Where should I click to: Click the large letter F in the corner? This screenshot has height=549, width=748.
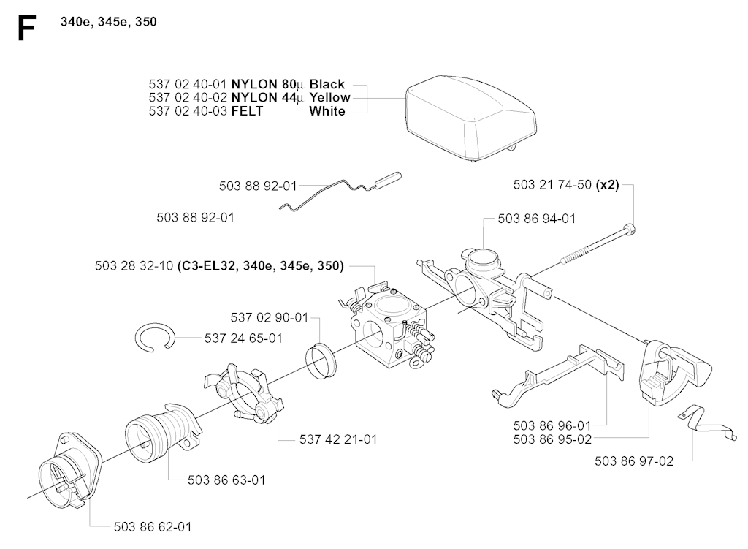tap(26, 29)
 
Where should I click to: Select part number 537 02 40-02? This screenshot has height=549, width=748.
tap(188, 97)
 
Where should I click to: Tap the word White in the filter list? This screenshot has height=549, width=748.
tap(327, 111)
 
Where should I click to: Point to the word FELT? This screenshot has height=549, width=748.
tap(247, 111)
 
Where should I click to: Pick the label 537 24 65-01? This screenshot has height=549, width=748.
tap(243, 338)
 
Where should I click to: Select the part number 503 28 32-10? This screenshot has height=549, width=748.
tap(134, 266)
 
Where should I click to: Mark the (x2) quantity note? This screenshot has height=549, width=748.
tap(607, 185)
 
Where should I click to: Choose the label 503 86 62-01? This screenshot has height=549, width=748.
tap(153, 527)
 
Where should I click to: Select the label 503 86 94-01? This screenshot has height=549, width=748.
tap(537, 219)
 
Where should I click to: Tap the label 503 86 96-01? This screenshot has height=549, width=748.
tap(552, 425)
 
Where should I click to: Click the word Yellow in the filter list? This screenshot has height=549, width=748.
tap(329, 97)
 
